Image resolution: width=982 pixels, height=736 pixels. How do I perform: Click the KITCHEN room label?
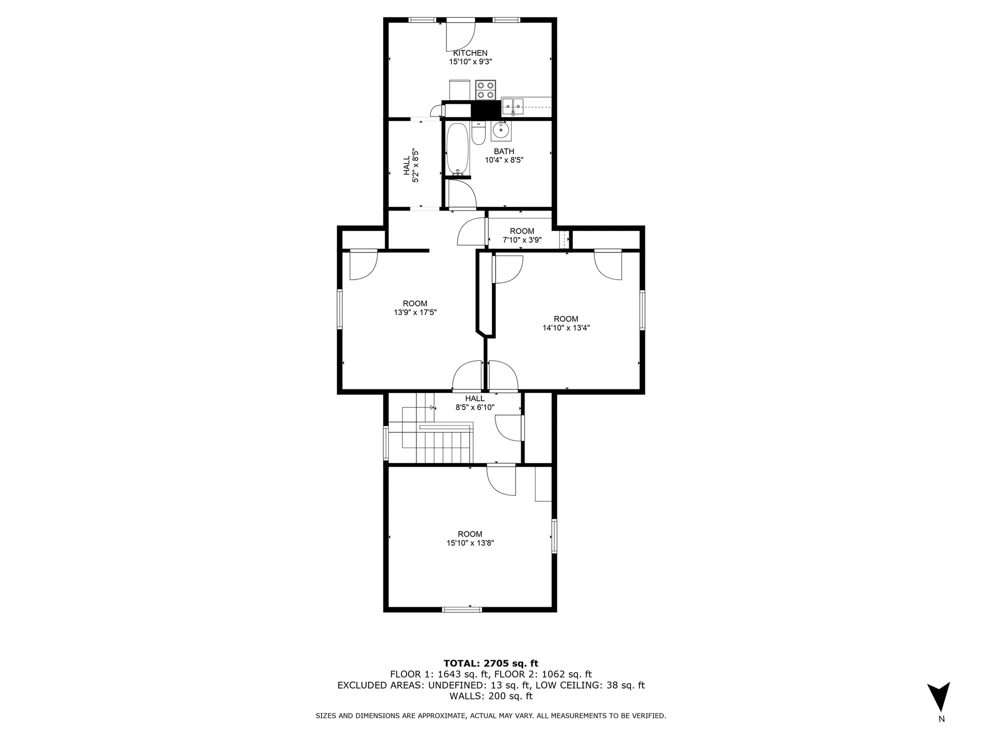click(x=470, y=53)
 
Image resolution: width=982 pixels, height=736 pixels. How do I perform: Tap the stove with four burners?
click(x=485, y=90)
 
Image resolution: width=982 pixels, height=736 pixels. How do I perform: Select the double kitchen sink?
click(x=512, y=107)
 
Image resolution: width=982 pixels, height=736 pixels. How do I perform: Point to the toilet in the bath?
click(x=479, y=134)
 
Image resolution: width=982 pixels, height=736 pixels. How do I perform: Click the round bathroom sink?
click(x=501, y=131)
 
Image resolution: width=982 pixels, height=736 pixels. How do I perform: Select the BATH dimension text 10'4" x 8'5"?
click(x=504, y=160)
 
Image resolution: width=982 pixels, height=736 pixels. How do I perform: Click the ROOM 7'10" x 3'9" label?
click(x=522, y=235)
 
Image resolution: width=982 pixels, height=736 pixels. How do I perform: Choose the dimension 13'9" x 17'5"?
click(x=415, y=312)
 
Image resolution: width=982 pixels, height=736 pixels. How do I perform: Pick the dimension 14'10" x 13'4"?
click(x=566, y=328)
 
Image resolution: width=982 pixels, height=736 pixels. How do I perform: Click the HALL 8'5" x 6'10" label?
click(x=475, y=403)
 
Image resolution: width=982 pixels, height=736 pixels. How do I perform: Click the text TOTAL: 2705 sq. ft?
click(x=490, y=663)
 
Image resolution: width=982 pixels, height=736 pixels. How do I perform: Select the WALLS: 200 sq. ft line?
click(x=490, y=696)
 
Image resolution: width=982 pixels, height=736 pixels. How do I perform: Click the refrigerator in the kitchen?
click(x=459, y=90)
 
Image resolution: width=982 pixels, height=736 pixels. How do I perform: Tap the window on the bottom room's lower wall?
click(x=462, y=609)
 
